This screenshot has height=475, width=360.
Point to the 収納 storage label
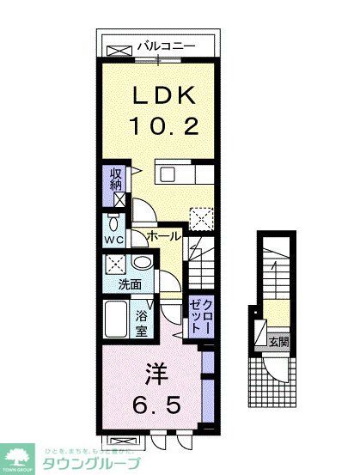click(x=114, y=180)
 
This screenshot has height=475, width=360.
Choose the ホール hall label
click(x=163, y=235)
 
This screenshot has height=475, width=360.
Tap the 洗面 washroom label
click(x=130, y=284)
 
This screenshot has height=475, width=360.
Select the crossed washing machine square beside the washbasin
click(x=116, y=265)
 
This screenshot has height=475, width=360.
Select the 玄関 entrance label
click(x=279, y=341)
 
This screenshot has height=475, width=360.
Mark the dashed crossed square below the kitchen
click(x=199, y=219)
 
